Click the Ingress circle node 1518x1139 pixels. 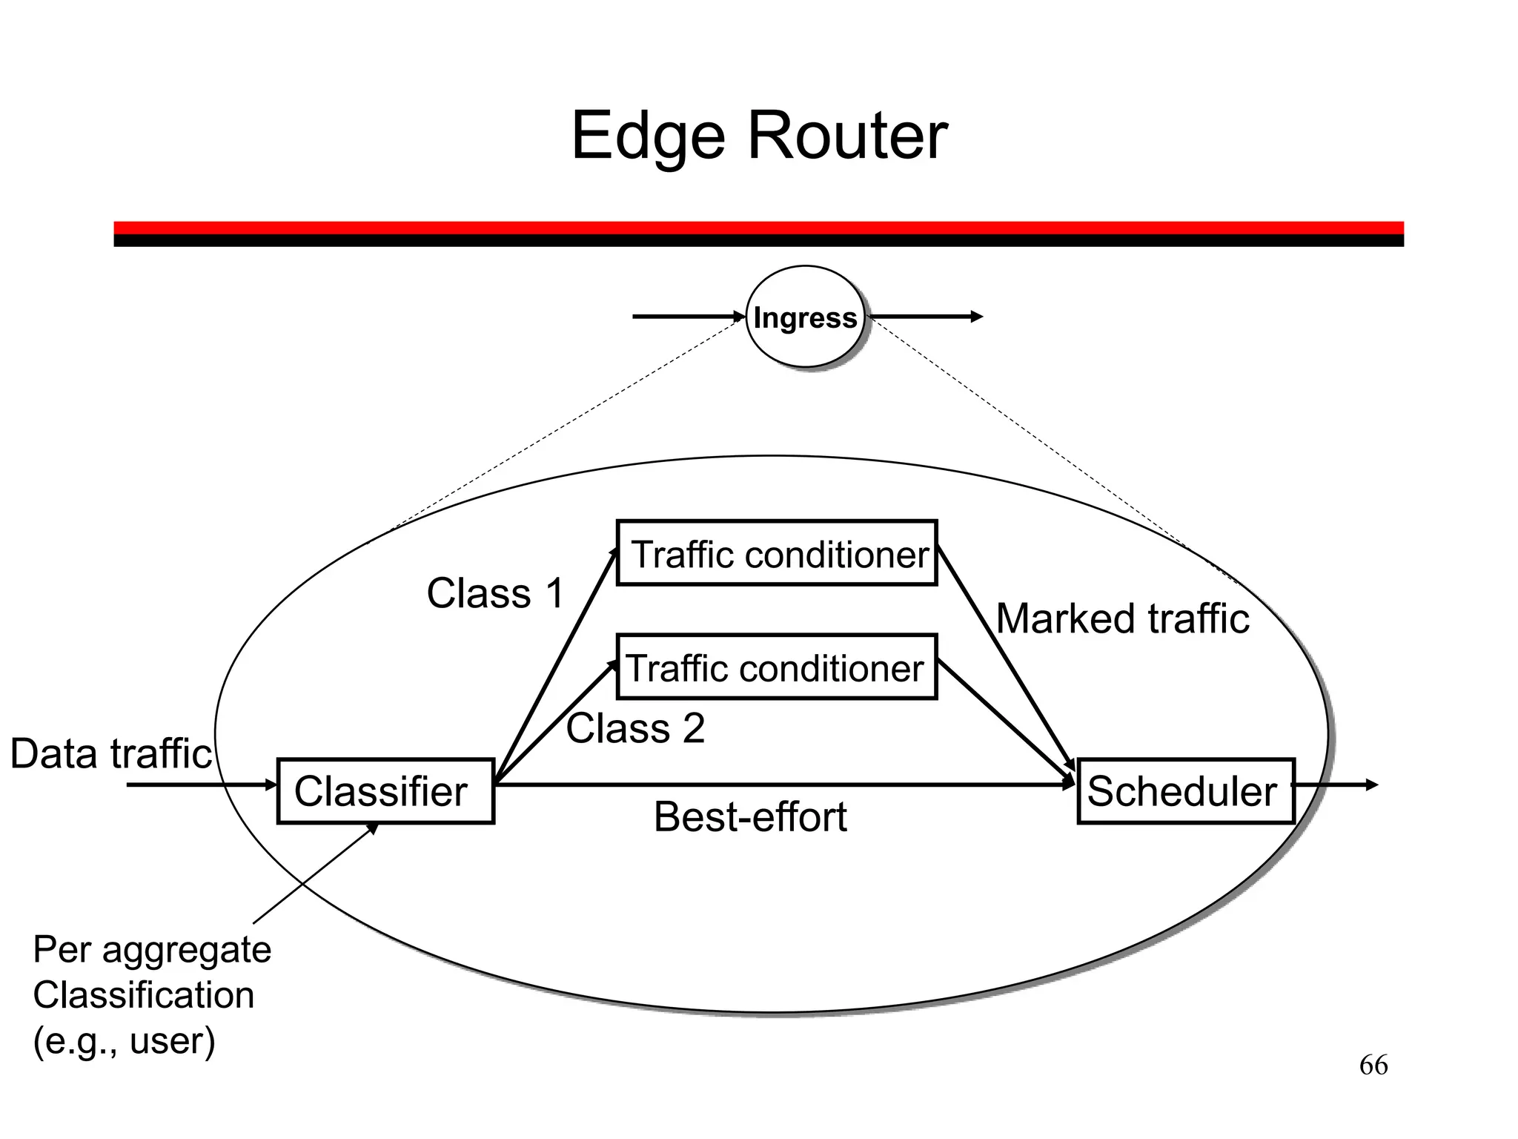tap(805, 317)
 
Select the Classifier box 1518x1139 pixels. tap(385, 790)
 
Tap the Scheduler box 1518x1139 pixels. tap(1186, 790)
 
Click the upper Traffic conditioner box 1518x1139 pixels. tap(777, 553)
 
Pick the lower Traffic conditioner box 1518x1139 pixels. tap(777, 667)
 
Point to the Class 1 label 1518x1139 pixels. tap(495, 593)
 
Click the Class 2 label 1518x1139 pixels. tap(635, 728)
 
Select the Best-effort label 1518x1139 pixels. tap(750, 817)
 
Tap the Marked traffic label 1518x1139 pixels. tap(1122, 618)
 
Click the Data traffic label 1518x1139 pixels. tap(111, 754)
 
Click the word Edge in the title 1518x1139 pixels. tap(647, 137)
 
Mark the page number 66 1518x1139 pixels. tap(1373, 1066)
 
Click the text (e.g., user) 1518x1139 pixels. tap(124, 1040)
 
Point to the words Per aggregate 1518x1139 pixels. tap(152, 950)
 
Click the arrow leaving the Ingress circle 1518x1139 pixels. tap(927, 317)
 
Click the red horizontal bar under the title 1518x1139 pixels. tap(758, 227)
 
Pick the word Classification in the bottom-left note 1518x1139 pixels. tap(144, 995)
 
